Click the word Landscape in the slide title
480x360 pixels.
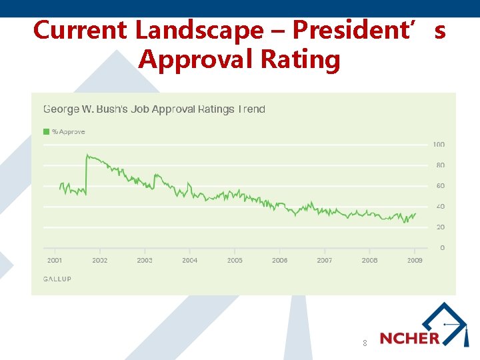tap(199, 31)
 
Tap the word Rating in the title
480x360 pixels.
tap(300, 59)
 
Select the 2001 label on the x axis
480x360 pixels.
tap(55, 260)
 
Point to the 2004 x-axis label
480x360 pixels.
tap(190, 260)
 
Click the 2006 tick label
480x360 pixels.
tap(280, 260)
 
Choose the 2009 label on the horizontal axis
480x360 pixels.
tap(415, 260)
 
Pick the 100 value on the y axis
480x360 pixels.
tap(439, 145)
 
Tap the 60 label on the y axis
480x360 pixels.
tap(441, 186)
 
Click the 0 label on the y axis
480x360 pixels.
tap(443, 247)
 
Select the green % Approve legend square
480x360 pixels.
tap(46, 131)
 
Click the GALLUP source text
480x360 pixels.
tap(57, 279)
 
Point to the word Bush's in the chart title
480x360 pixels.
tap(112, 109)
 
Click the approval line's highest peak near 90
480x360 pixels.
tap(87, 155)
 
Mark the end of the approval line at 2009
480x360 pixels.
tap(415, 213)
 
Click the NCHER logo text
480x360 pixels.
tap(409, 338)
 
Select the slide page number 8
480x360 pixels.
tap(365, 343)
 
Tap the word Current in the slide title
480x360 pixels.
tap(80, 30)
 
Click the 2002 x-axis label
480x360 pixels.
tap(100, 260)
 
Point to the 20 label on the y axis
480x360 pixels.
tap(441, 227)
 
